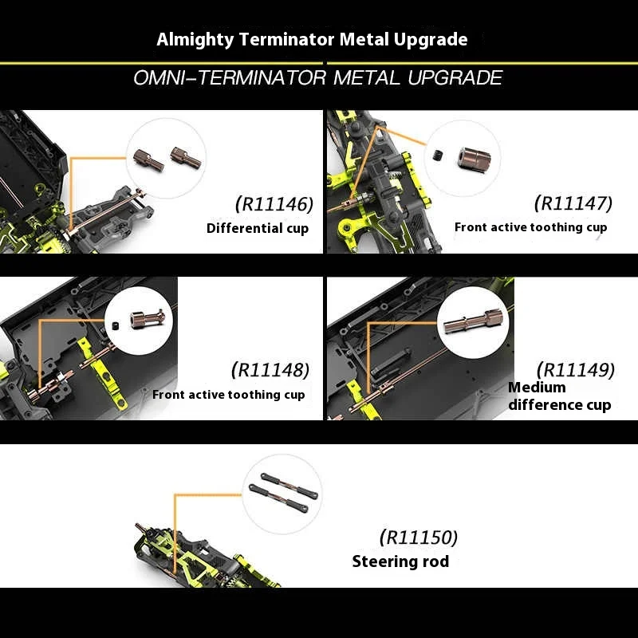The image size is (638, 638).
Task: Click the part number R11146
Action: coord(274,204)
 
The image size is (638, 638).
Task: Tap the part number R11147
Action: coord(573,203)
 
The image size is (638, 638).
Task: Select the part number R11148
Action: coord(270,370)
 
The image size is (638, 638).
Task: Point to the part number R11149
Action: coord(576,370)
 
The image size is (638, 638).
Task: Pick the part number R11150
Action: coord(419,537)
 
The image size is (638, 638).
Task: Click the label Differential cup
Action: coord(258,228)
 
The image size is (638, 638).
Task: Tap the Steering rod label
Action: coord(401,561)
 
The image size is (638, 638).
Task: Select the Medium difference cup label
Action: coord(560,396)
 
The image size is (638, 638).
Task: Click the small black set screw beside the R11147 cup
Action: coord(437,155)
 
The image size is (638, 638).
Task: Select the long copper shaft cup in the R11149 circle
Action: coord(473,321)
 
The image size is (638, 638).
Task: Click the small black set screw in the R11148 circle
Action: coord(115,325)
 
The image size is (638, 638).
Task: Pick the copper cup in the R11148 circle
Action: coord(148,318)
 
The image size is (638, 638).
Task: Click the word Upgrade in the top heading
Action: coord(431,40)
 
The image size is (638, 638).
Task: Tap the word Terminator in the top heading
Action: coord(286,39)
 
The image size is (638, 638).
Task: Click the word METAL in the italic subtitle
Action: coord(367,77)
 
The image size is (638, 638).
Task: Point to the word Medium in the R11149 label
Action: coord(537,387)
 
